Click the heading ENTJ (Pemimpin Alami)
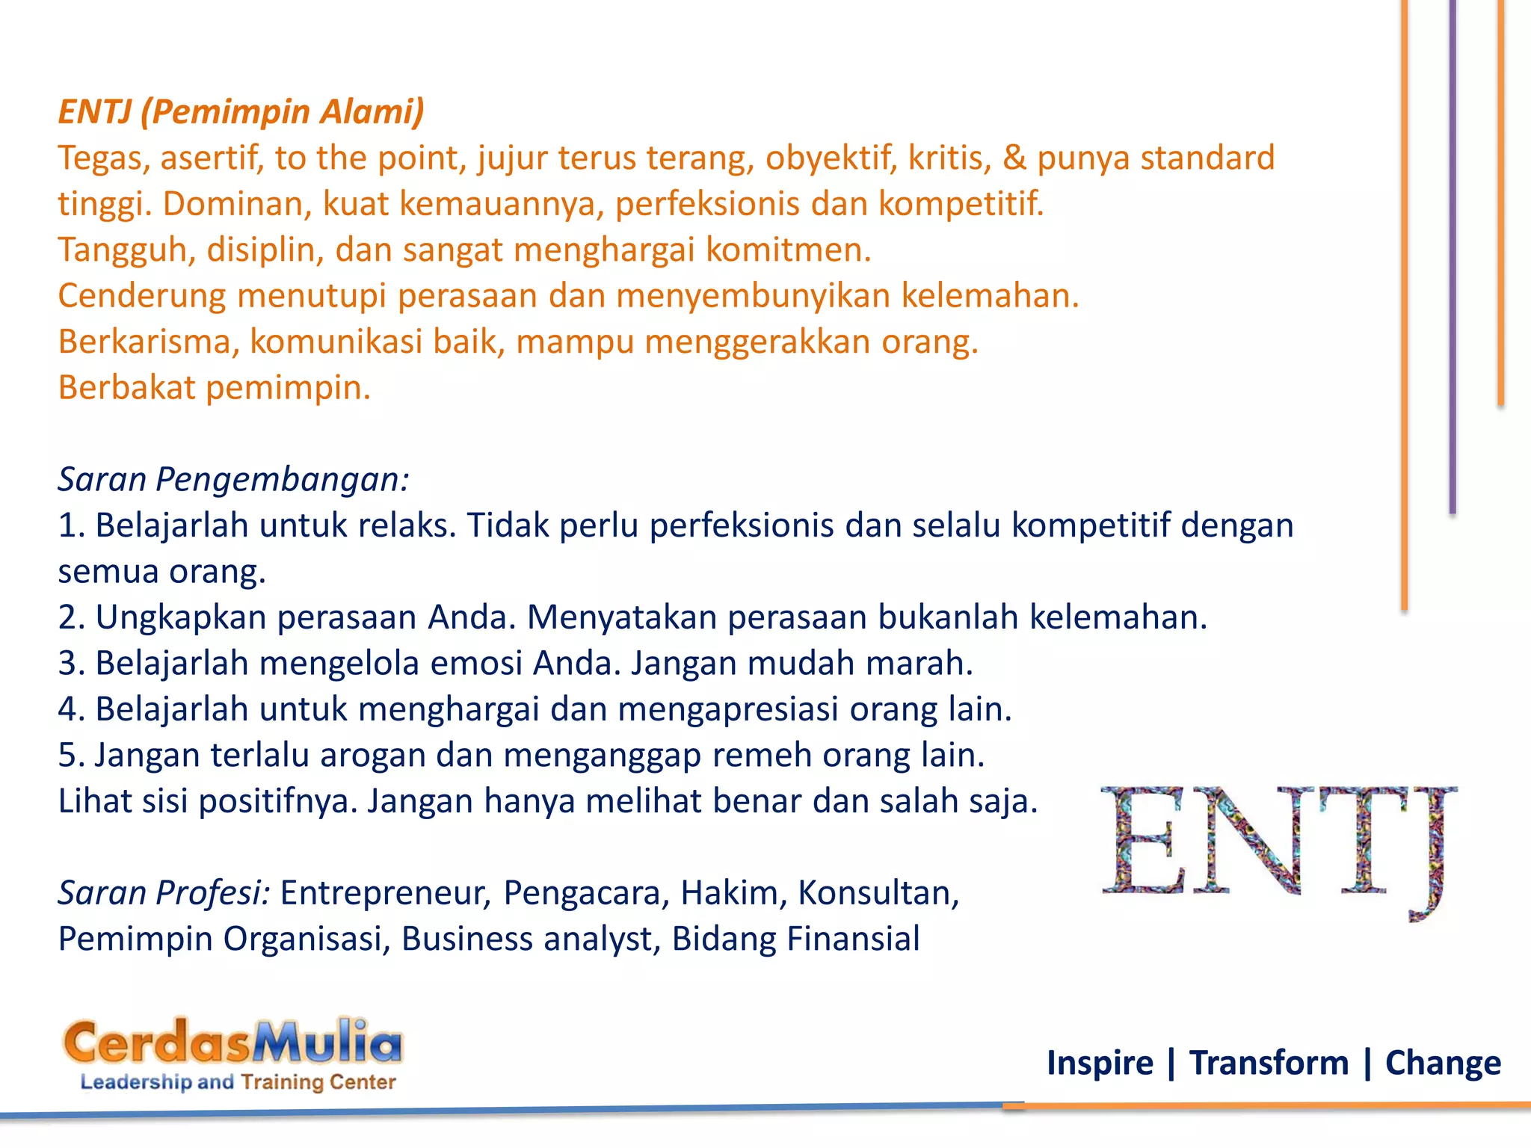pyautogui.click(x=241, y=112)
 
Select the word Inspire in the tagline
pyautogui.click(x=1100, y=1063)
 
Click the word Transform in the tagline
pyautogui.click(x=1269, y=1063)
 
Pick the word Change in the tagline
pyautogui.click(x=1442, y=1063)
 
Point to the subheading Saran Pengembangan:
pyautogui.click(x=233, y=480)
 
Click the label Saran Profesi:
pyautogui.click(x=164, y=893)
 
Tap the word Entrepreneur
pyautogui.click(x=385, y=893)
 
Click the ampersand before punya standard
pyautogui.click(x=1014, y=158)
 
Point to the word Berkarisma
pyautogui.click(x=149, y=342)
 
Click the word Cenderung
pyautogui.click(x=142, y=296)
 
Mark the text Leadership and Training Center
pyautogui.click(x=238, y=1082)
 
